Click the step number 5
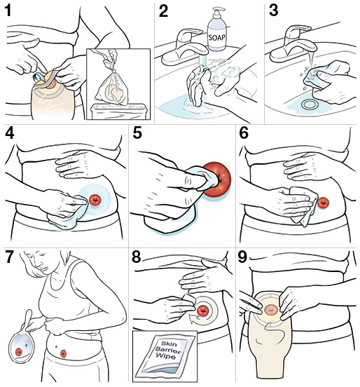coord(138,133)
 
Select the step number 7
coord(11,256)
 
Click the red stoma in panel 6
coord(324,203)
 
